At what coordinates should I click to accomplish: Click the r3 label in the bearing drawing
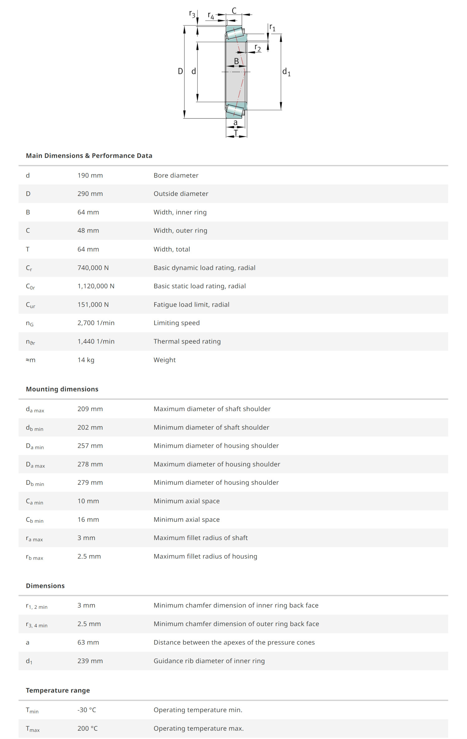pos(192,14)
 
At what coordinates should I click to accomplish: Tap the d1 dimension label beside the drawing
pos(286,72)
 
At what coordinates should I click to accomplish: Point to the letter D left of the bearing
pos(180,72)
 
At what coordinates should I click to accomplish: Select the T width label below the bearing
pos(236,133)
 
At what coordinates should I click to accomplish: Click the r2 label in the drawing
pos(257,48)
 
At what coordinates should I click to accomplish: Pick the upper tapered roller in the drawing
pos(235,33)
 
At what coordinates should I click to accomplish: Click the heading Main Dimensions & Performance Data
pos(89,155)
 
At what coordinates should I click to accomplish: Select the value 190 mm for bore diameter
pos(90,175)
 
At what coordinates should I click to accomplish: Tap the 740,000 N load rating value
pos(93,268)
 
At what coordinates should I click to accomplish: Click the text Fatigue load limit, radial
pos(191,305)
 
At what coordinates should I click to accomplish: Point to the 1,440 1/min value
pos(96,341)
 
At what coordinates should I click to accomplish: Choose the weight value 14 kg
pos(86,360)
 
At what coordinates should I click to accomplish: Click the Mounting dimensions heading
pos(62,389)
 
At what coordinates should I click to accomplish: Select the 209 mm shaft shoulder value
pos(90,409)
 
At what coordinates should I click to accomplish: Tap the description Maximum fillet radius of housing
pos(205,556)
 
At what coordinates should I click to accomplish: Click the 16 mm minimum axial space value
pos(88,520)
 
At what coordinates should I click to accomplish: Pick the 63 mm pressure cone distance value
pos(88,642)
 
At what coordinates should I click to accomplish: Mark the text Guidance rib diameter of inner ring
pos(209,661)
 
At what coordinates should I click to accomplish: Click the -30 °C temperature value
pos(87,710)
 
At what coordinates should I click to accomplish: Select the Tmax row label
pos(33,729)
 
